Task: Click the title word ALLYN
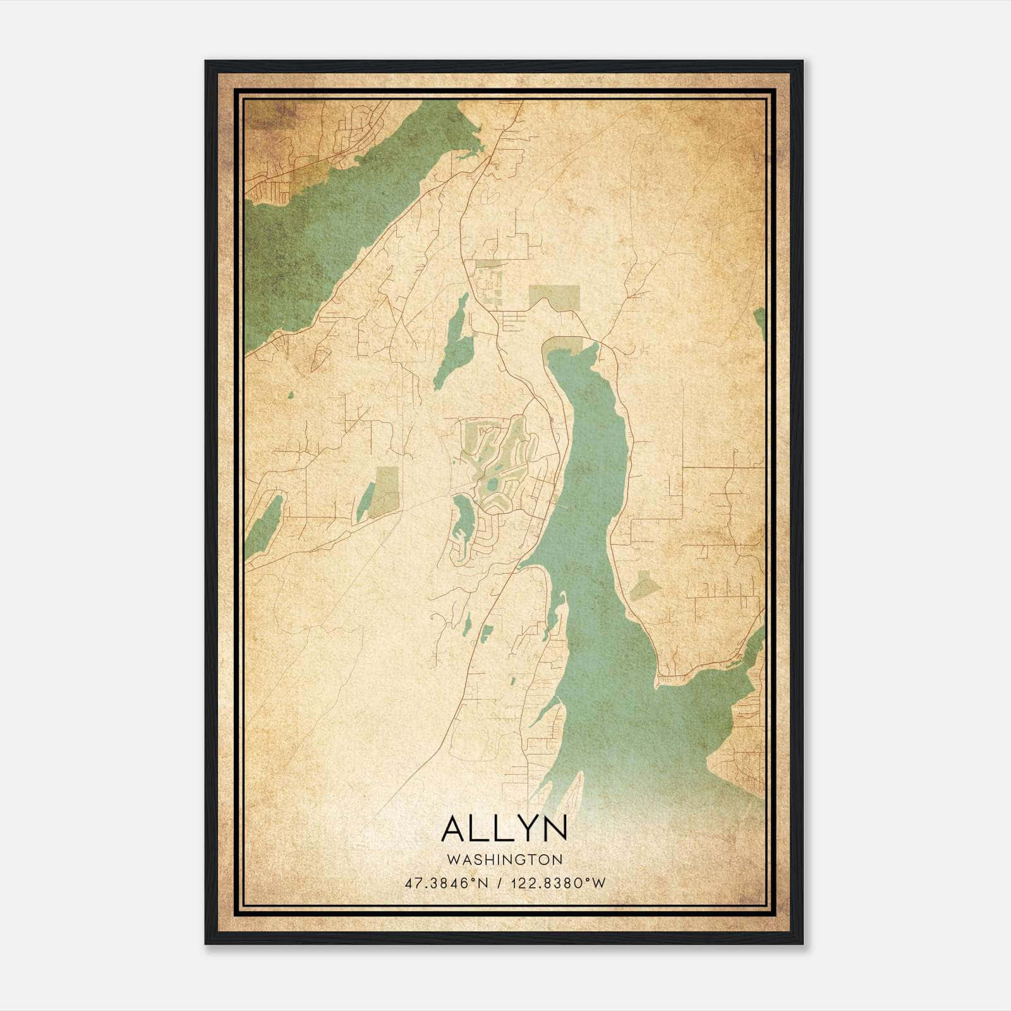click(504, 829)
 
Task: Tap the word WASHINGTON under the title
click(504, 860)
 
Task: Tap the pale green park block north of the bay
click(554, 296)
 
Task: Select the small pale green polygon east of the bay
click(645, 584)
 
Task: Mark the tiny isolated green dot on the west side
click(291, 396)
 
